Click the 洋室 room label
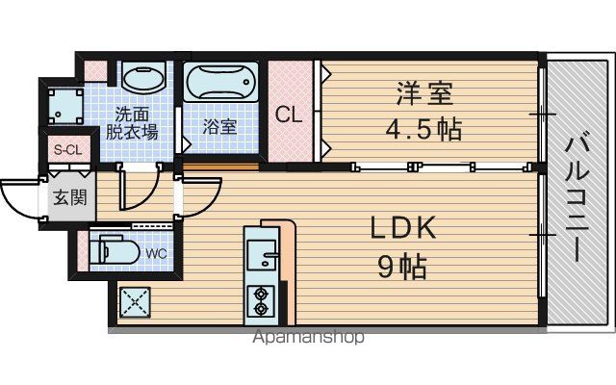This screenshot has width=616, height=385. tap(424, 93)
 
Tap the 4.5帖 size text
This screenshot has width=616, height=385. tap(423, 129)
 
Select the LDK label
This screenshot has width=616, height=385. tap(403, 227)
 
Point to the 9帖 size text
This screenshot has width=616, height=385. tap(402, 267)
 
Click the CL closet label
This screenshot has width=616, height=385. tap(289, 115)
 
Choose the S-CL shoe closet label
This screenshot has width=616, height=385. tap(68, 150)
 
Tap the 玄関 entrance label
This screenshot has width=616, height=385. tap(70, 197)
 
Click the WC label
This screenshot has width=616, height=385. tap(156, 253)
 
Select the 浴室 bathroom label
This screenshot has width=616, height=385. tap(219, 126)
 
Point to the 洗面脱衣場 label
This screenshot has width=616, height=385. tap(132, 123)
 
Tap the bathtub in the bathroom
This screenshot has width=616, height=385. tap(220, 82)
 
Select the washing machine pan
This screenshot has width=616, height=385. tap(66, 106)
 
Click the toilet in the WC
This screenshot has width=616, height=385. tap(115, 251)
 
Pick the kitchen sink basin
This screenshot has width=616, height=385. tap(263, 254)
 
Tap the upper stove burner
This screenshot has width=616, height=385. tap(260, 294)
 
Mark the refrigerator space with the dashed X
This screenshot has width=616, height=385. tap(135, 302)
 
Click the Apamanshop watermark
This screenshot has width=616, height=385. tap(308, 337)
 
